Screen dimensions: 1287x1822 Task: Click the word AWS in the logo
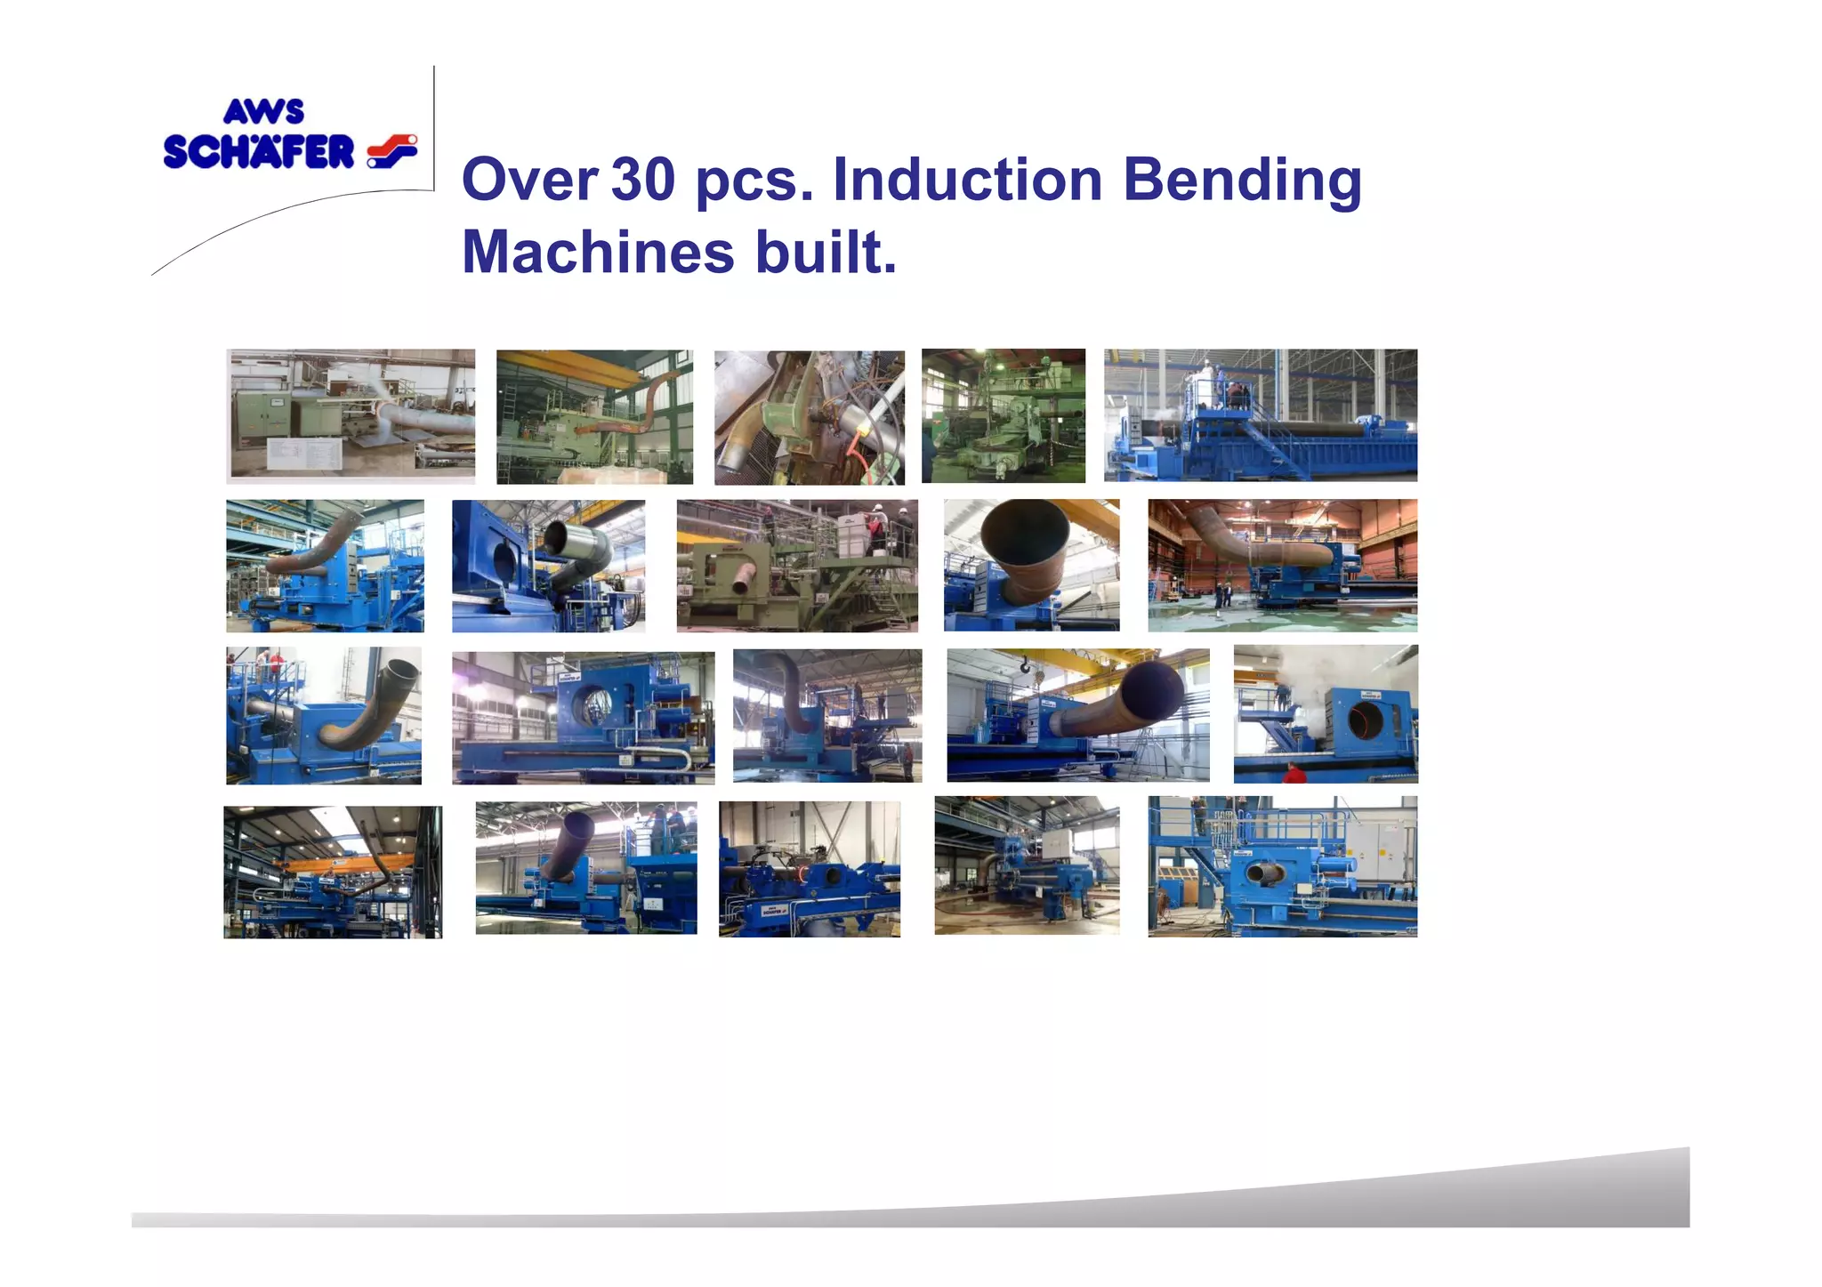(263, 111)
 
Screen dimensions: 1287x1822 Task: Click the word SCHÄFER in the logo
(259, 152)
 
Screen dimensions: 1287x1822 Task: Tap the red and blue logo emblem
(391, 151)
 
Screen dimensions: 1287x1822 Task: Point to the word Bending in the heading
(1242, 181)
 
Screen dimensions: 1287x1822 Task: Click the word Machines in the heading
(598, 252)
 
